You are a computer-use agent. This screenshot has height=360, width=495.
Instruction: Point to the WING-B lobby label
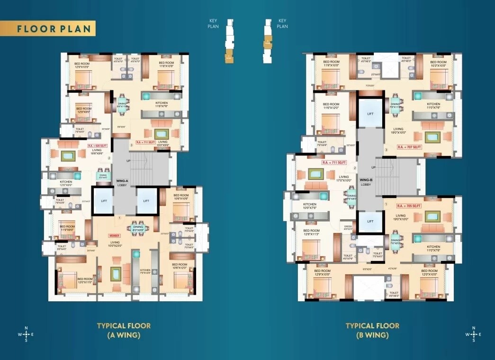click(366, 182)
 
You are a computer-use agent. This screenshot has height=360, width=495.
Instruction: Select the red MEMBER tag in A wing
click(114, 235)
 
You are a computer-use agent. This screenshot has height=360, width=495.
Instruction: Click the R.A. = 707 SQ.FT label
click(409, 147)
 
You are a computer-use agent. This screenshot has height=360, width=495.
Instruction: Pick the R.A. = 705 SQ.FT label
click(408, 206)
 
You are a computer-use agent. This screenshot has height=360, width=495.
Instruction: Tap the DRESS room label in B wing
click(348, 228)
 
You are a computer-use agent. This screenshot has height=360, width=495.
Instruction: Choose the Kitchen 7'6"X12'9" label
click(144, 271)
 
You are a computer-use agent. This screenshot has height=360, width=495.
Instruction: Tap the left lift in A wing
click(103, 201)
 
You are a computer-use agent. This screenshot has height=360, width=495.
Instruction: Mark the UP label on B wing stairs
click(374, 168)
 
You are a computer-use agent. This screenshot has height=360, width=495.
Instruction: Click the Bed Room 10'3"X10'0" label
click(438, 64)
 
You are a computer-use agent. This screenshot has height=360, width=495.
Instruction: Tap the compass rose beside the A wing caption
click(26, 334)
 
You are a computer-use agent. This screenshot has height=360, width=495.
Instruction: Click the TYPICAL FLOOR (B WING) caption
click(372, 330)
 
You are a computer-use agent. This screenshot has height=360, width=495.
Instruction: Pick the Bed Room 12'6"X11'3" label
click(312, 233)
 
